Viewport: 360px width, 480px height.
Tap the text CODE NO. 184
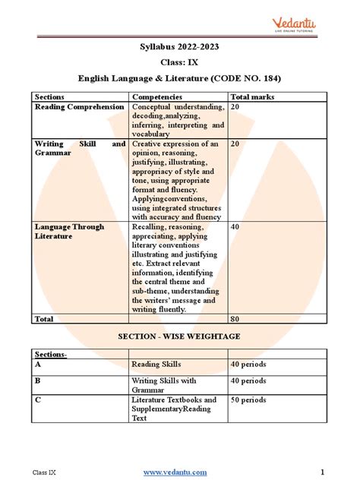pos(242,77)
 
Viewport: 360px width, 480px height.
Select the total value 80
pos(235,319)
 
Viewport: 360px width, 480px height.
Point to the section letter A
pos(38,365)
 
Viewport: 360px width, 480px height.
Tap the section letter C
pos(38,399)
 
